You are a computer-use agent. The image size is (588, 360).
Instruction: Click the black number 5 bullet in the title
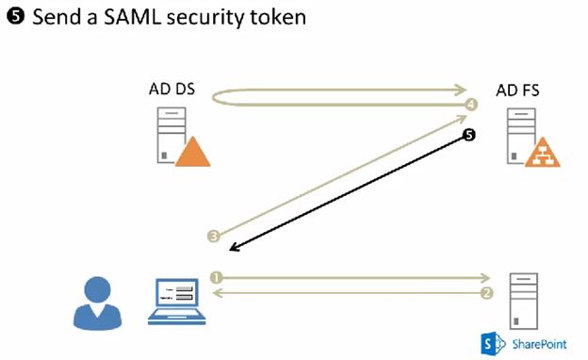tap(17, 18)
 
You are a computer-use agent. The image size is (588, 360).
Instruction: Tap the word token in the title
tap(279, 18)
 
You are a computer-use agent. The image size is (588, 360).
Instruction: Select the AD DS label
tap(171, 90)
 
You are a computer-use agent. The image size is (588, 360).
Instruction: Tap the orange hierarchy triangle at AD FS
tap(543, 152)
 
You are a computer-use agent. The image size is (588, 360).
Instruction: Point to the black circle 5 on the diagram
tap(468, 136)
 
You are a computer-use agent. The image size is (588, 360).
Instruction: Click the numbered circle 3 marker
tap(213, 236)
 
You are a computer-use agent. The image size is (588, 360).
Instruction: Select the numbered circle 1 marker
tap(216, 277)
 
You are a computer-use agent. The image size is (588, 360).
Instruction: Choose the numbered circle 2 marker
tap(486, 293)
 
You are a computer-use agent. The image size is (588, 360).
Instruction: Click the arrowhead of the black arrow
tap(234, 248)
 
